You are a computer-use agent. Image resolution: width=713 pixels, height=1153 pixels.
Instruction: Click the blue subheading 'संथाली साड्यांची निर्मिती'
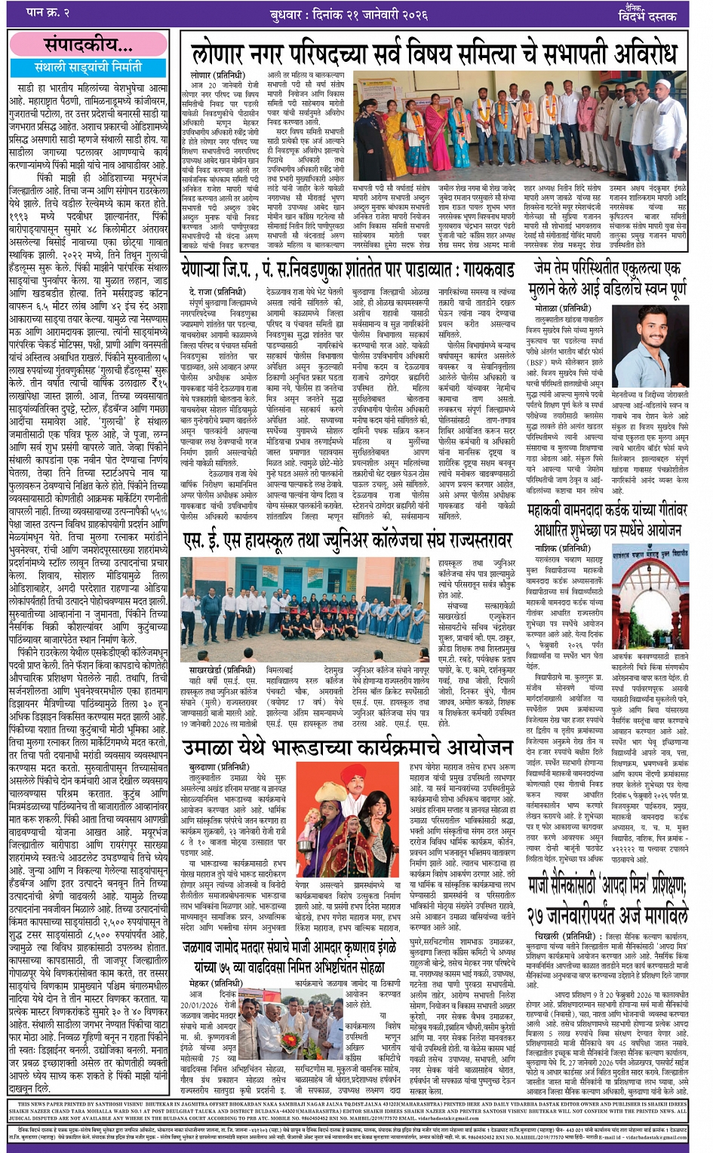88,67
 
